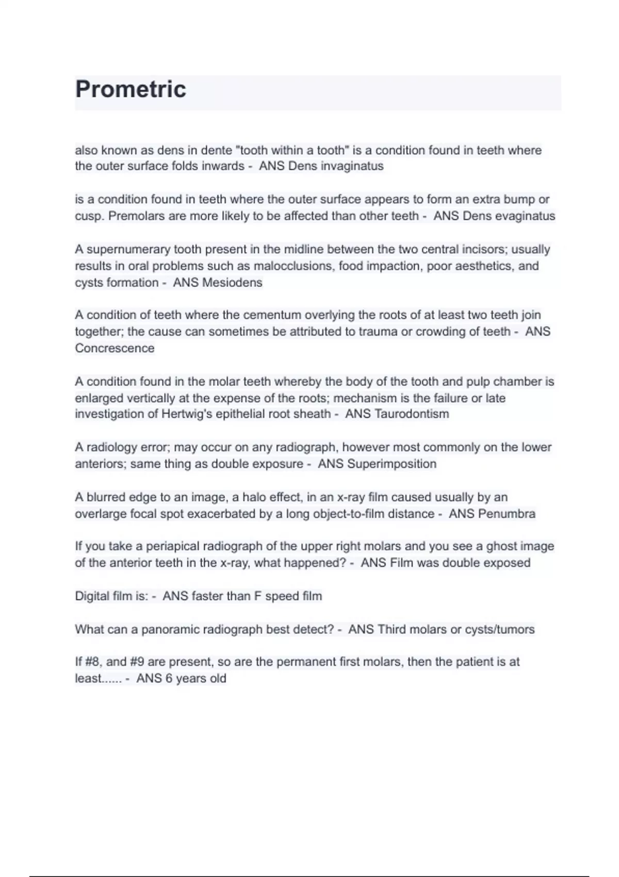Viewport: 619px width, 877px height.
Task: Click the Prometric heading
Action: point(131,89)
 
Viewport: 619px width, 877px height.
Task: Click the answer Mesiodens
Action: point(232,283)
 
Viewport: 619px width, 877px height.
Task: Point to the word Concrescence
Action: point(115,348)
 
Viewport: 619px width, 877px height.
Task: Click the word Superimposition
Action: point(392,464)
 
